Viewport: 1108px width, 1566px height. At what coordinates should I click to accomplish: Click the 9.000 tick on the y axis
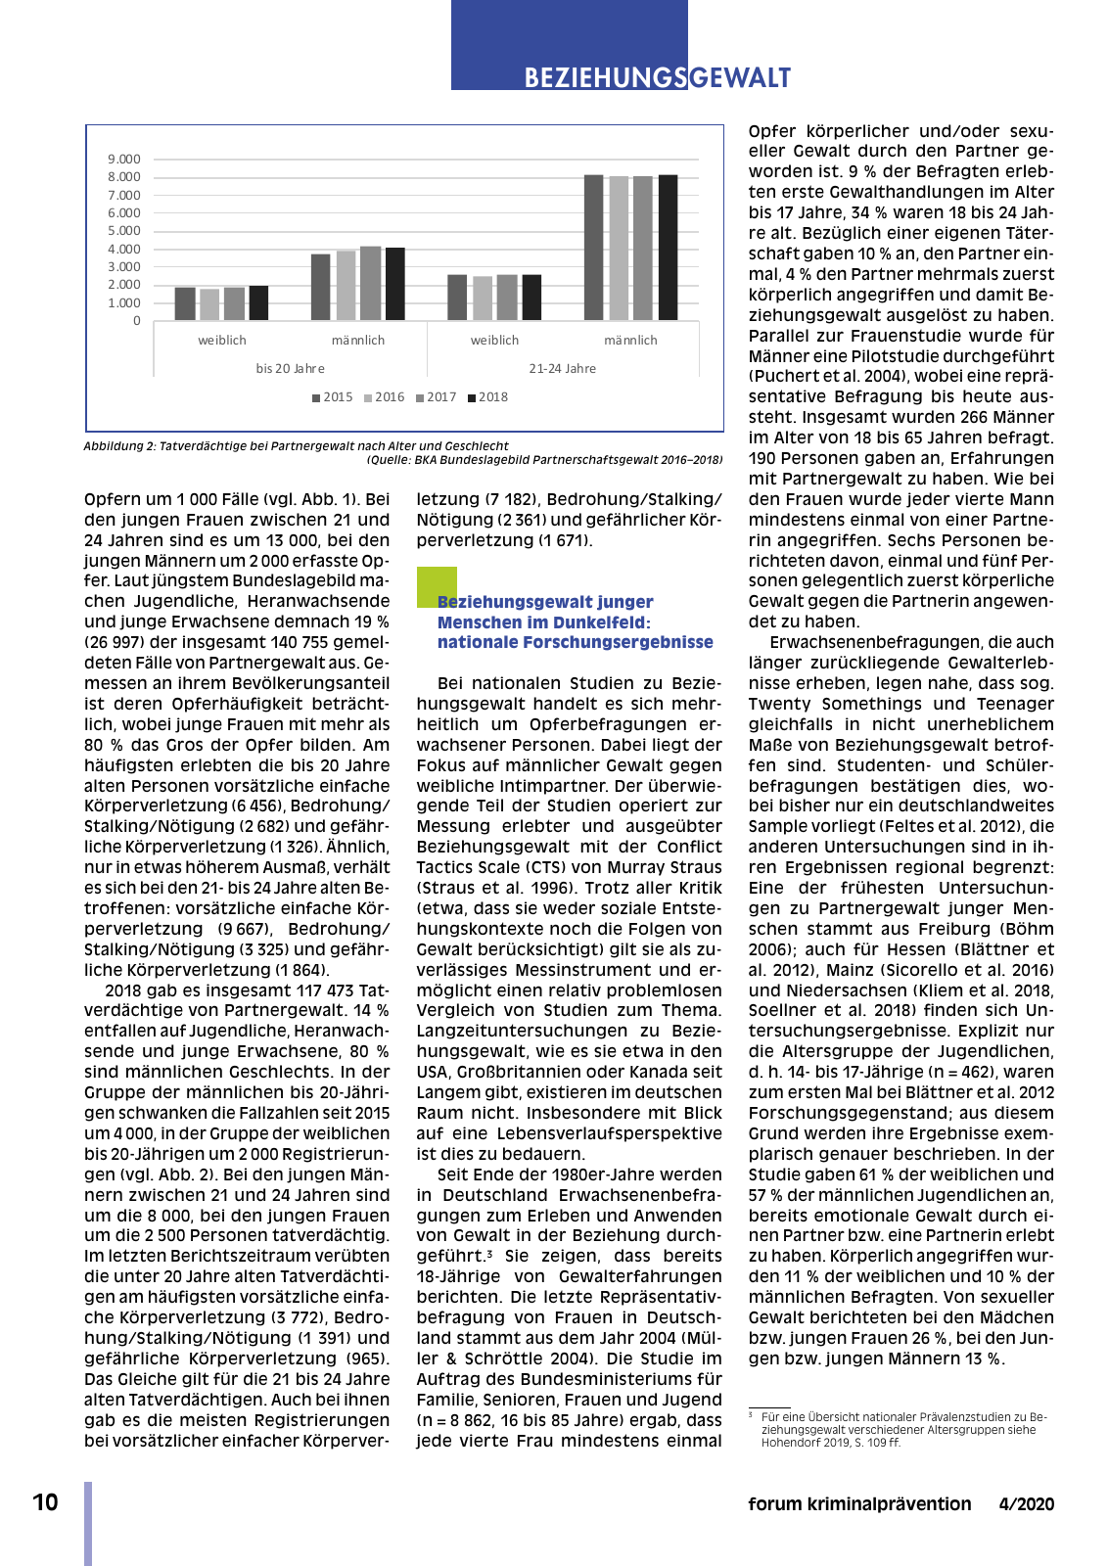(124, 159)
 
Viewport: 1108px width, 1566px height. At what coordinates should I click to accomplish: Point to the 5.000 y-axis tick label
(124, 231)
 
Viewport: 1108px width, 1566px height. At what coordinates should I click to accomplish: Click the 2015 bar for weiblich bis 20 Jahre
(185, 303)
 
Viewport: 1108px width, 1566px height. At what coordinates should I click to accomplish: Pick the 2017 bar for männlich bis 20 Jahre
(370, 283)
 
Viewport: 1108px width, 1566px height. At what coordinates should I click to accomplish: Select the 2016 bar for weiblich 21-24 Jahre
(483, 298)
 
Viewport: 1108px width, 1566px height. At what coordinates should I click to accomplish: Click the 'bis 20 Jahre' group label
(290, 369)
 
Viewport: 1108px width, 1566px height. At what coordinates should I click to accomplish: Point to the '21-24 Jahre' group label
(562, 369)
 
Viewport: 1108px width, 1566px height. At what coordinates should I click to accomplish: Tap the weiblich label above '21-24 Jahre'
(494, 341)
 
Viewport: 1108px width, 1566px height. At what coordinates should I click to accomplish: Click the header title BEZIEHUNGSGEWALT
(657, 78)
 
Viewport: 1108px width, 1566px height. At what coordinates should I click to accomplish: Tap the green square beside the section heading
(436, 585)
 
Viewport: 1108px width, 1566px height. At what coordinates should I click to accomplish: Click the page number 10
(45, 1502)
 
